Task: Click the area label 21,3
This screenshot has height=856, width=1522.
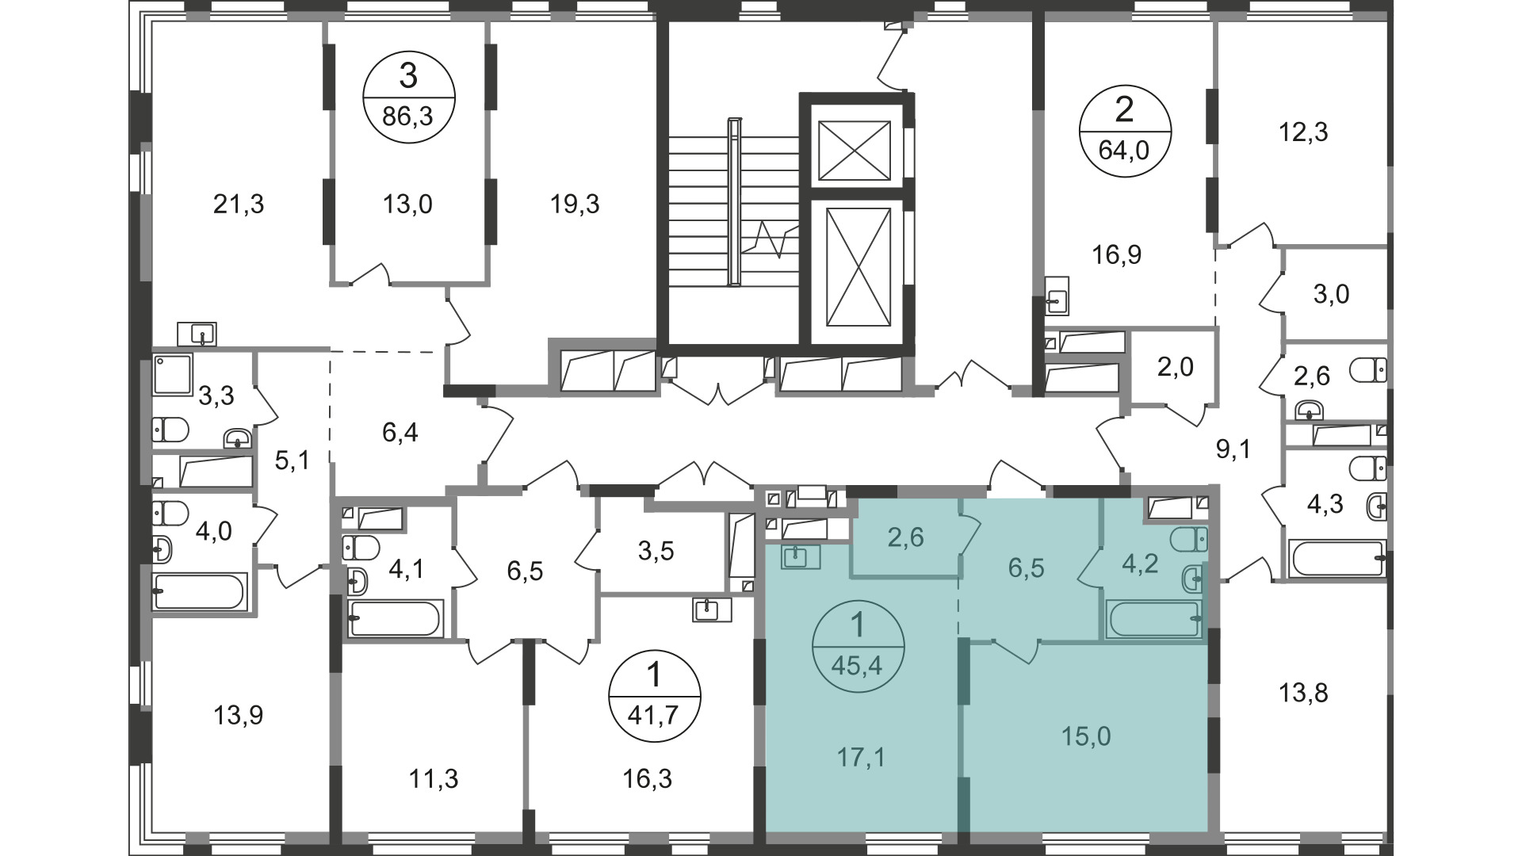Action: click(x=239, y=204)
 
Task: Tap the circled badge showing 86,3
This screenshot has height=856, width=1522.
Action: click(x=408, y=97)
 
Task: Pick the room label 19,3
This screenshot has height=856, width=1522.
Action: click(x=576, y=204)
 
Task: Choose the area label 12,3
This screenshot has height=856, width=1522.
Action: click(x=1303, y=132)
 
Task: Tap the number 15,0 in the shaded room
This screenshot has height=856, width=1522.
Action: click(x=1086, y=736)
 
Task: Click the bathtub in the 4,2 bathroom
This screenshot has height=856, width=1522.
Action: click(x=1155, y=620)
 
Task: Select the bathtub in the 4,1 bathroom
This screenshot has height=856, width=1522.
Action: click(x=395, y=619)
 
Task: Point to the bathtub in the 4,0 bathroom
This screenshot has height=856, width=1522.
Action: click(x=201, y=591)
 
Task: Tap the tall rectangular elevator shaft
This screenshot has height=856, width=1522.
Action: click(x=858, y=266)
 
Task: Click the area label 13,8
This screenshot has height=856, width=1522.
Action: click(x=1303, y=694)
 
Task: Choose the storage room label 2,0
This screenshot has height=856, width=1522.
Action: click(x=1175, y=367)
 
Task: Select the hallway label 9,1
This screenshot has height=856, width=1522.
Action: click(x=1233, y=450)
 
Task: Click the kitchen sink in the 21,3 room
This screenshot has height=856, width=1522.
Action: click(x=197, y=334)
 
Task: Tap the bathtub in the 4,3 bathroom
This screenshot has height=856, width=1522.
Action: click(x=1338, y=558)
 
